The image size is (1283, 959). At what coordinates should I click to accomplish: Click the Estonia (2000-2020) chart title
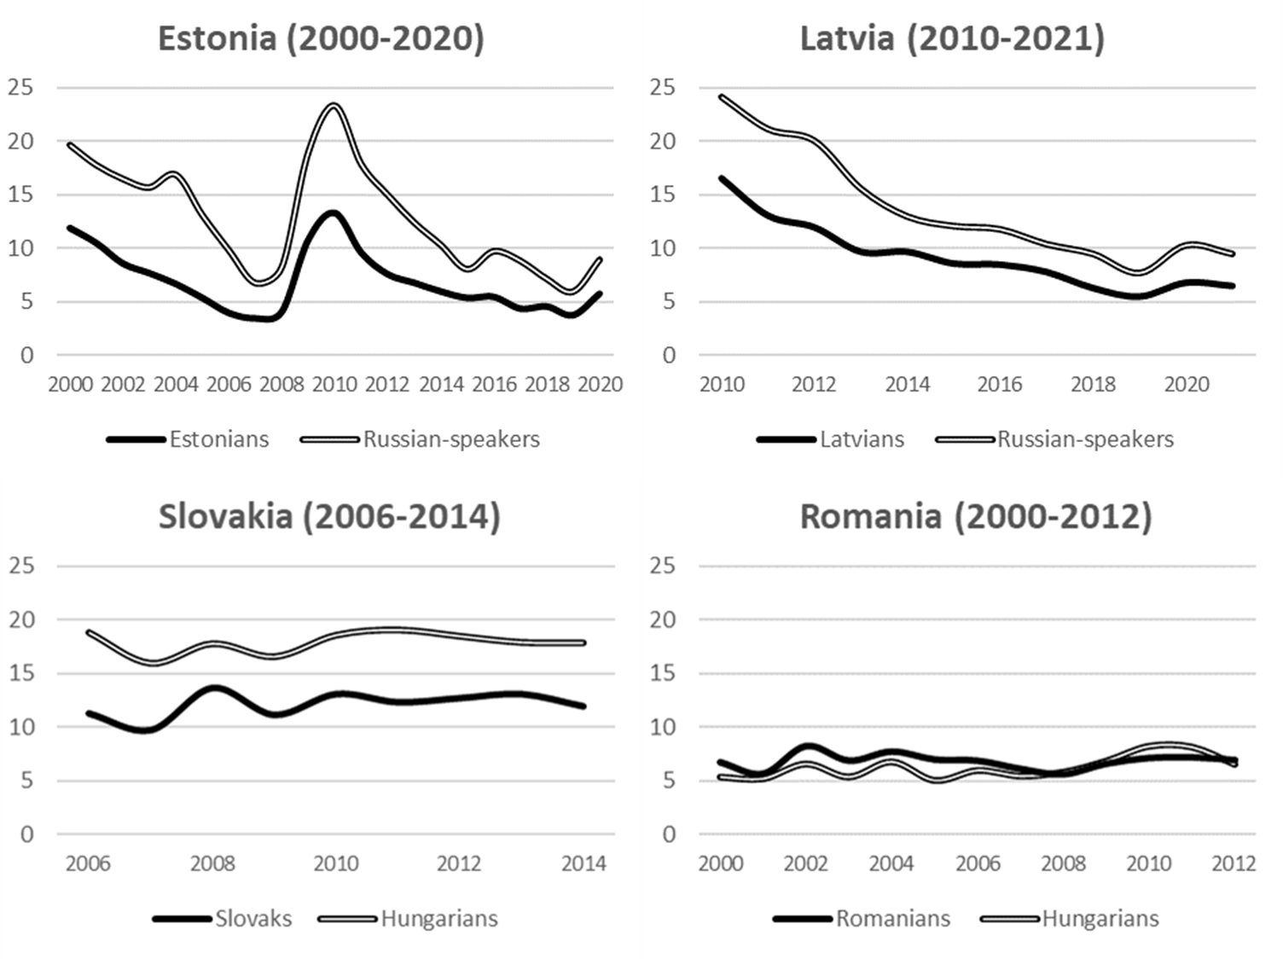(x=321, y=39)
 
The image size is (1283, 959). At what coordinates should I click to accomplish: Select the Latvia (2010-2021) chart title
(x=952, y=39)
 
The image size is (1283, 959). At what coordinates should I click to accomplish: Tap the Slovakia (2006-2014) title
(x=329, y=517)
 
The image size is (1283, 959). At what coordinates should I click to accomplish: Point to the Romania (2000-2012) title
(x=976, y=517)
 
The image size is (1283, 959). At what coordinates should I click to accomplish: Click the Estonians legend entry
(x=218, y=439)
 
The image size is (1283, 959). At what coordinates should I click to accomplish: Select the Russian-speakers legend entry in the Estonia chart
(x=451, y=439)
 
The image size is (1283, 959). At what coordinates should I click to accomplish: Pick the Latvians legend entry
(x=862, y=439)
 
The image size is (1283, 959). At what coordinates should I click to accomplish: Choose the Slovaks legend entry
(x=253, y=919)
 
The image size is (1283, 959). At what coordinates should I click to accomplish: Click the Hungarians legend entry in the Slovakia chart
(x=438, y=919)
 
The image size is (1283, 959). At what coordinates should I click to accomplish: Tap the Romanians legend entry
(x=892, y=919)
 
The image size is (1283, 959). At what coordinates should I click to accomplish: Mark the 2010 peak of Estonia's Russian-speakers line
(x=334, y=106)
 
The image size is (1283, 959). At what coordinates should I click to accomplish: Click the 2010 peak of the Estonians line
(x=334, y=213)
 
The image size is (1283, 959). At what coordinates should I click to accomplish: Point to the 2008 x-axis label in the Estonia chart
(x=282, y=385)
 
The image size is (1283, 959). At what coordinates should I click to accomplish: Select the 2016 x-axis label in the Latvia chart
(x=1000, y=385)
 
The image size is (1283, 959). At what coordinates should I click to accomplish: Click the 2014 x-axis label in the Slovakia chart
(x=583, y=864)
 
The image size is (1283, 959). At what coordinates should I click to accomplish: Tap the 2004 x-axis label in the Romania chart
(x=891, y=864)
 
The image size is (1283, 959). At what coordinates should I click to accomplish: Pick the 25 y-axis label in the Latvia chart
(x=662, y=87)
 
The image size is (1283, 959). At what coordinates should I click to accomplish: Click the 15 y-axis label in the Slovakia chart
(x=22, y=673)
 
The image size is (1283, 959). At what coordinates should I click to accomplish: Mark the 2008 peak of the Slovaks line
(x=213, y=688)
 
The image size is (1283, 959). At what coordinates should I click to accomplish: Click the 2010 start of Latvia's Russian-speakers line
(x=723, y=97)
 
